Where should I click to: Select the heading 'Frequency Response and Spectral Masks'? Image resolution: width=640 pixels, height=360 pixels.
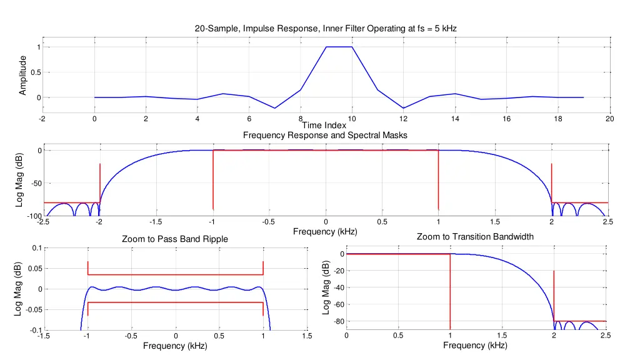click(x=325, y=135)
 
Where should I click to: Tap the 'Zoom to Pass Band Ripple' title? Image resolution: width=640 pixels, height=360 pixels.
click(x=174, y=239)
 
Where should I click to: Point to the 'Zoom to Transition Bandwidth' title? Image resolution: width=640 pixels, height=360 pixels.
click(x=475, y=237)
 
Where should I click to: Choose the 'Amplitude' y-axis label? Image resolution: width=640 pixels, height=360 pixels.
click(x=23, y=75)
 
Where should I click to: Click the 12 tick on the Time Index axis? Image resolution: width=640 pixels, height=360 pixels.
click(x=403, y=119)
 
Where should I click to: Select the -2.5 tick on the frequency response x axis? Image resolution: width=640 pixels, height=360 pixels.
click(x=42, y=222)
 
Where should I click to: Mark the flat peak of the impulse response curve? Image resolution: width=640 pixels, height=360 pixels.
click(x=339, y=47)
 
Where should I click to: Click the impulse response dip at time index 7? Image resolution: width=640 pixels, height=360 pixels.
click(x=274, y=108)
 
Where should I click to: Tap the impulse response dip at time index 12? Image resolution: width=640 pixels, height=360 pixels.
click(x=403, y=108)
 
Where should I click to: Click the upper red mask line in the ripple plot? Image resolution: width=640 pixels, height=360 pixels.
click(x=176, y=274)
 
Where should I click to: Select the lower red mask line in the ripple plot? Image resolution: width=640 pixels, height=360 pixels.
click(x=176, y=302)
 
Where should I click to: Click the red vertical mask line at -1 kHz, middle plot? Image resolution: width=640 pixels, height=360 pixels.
click(x=213, y=181)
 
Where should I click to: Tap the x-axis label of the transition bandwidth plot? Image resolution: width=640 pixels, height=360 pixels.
click(x=475, y=346)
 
